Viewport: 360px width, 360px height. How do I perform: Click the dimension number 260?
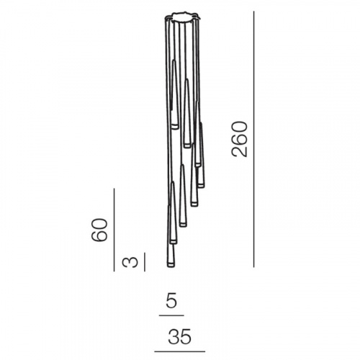239,139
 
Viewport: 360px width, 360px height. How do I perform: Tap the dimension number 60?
99,230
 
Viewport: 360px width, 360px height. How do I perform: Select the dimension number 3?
130,262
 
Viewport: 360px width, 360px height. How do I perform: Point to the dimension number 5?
171,301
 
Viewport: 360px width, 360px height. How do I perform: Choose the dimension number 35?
179,336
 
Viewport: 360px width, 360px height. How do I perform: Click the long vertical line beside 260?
253,139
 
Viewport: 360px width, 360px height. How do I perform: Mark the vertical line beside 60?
114,230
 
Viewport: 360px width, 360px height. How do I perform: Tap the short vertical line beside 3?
145,262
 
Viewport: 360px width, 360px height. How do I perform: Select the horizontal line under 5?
171,315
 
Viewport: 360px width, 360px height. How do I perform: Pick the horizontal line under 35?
180,351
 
